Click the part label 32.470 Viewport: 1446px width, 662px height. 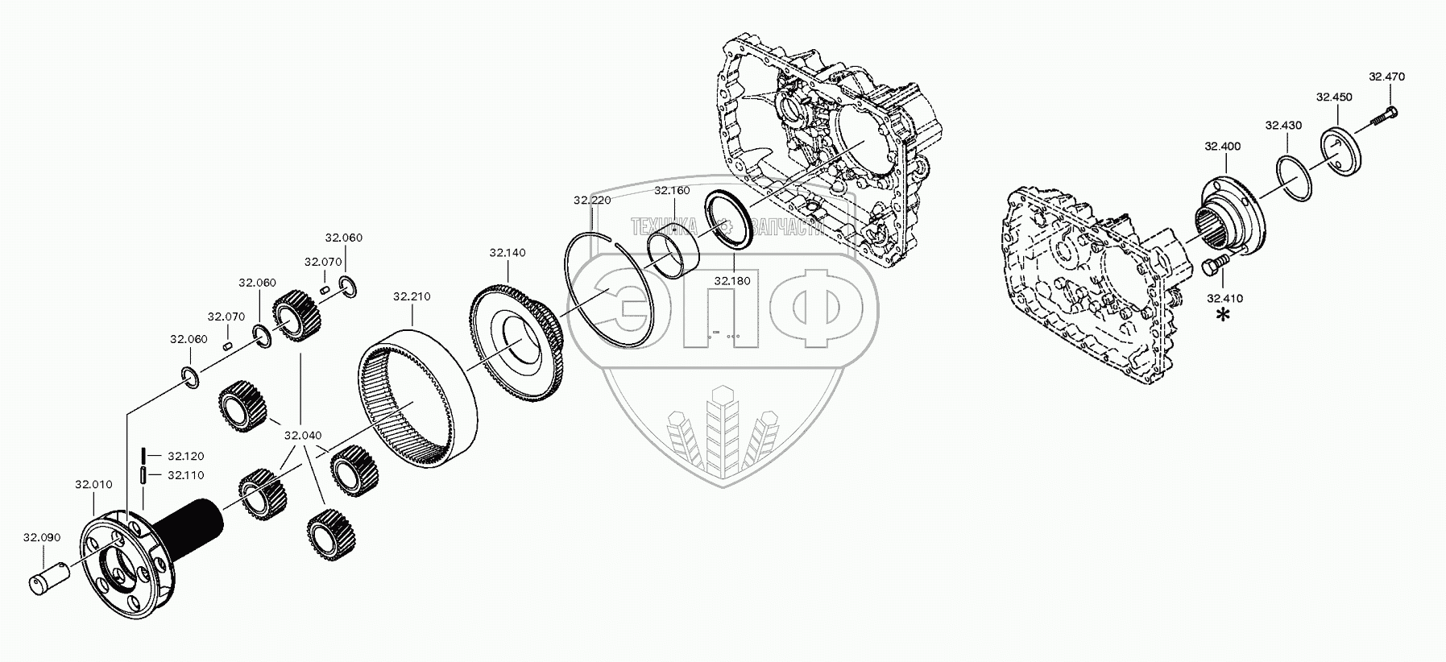pyautogui.click(x=1386, y=77)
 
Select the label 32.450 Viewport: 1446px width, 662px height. pyautogui.click(x=1334, y=97)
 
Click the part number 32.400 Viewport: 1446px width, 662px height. pyautogui.click(x=1222, y=147)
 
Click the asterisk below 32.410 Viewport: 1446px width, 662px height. pyautogui.click(x=1224, y=316)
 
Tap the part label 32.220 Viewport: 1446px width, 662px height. pyautogui.click(x=591, y=201)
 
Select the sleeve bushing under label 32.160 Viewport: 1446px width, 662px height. pyautogui.click(x=675, y=250)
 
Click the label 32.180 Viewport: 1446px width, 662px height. pyautogui.click(x=732, y=280)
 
